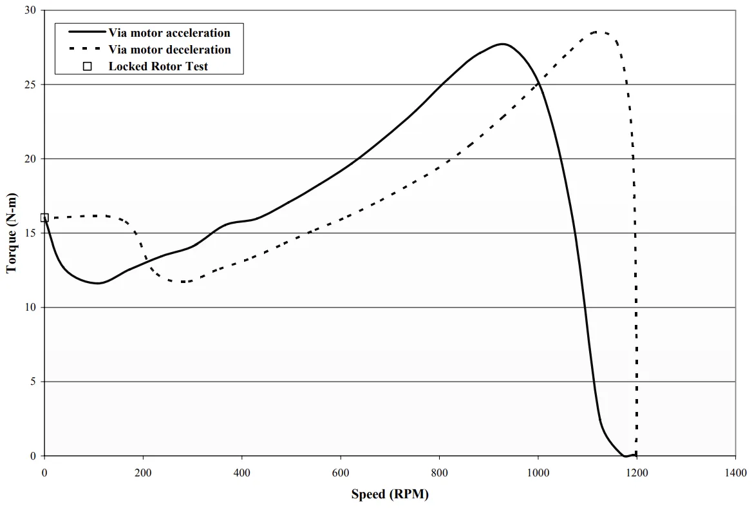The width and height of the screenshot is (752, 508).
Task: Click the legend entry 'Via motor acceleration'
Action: pyautogui.click(x=169, y=33)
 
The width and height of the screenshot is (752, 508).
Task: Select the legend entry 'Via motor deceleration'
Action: pyautogui.click(x=169, y=50)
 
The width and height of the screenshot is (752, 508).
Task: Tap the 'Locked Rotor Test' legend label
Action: pyautogui.click(x=158, y=66)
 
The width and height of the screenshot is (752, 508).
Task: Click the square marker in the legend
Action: pyautogui.click(x=88, y=66)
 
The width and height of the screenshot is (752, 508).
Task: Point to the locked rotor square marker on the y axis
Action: pyautogui.click(x=44, y=218)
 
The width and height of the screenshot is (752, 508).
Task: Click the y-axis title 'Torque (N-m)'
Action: pyautogui.click(x=12, y=233)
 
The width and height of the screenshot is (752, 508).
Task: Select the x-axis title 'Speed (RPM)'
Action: pyautogui.click(x=390, y=494)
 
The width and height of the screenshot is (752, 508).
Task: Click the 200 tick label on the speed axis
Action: pyautogui.click(x=143, y=473)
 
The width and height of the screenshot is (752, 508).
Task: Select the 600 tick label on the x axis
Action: pyautogui.click(x=341, y=473)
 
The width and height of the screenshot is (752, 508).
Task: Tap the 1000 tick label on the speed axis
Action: pyautogui.click(x=538, y=473)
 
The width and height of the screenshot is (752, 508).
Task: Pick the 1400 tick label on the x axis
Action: pyautogui.click(x=735, y=473)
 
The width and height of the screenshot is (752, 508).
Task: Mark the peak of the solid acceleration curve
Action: pyautogui.click(x=503, y=44)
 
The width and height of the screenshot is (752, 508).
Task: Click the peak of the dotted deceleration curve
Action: pyautogui.click(x=596, y=32)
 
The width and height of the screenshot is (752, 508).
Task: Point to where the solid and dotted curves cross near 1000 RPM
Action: pyautogui.click(x=537, y=83)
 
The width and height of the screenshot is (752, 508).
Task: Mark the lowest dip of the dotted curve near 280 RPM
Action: pyautogui.click(x=183, y=282)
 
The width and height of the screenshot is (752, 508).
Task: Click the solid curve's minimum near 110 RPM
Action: pyautogui.click(x=98, y=283)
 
